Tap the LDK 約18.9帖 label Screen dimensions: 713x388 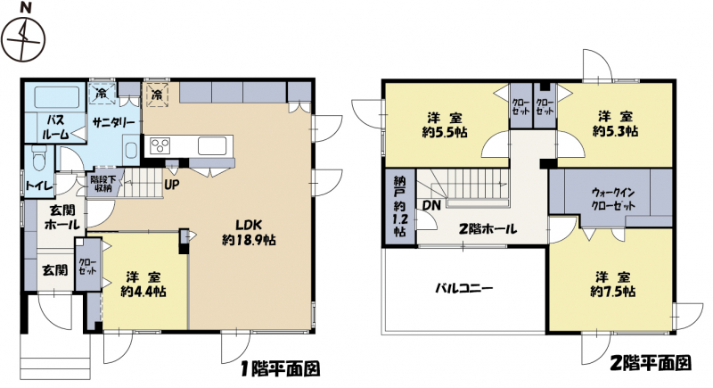point(249,232)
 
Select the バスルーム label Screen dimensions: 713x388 point(55,127)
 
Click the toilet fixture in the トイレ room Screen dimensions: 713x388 point(39,158)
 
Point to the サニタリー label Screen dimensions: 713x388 point(113,122)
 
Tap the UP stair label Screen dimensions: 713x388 point(172,186)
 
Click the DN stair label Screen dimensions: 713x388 point(431,206)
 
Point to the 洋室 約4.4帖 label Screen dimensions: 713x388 point(143,284)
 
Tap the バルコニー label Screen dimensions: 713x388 point(463,288)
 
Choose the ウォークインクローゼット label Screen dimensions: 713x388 point(613,199)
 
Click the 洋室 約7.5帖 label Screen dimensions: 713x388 point(613,284)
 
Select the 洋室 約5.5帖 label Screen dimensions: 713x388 point(445,125)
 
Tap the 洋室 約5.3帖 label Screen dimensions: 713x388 point(615,124)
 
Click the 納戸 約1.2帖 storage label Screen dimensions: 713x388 point(400,206)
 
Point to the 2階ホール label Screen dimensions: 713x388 point(488,228)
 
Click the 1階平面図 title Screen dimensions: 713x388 point(281,368)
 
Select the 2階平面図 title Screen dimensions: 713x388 point(651,363)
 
